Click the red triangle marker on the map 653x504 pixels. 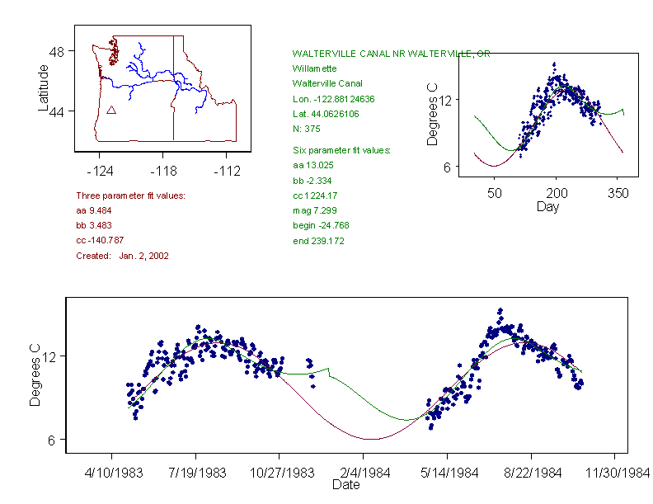coord(111,110)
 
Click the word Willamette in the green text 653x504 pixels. coord(314,68)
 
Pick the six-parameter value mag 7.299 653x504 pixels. coord(314,210)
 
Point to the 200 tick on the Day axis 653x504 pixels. coord(556,192)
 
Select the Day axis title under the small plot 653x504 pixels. coord(547,207)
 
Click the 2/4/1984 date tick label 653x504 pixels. coord(364,473)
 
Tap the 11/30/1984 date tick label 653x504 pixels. coord(614,473)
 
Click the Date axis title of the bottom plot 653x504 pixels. coord(346,486)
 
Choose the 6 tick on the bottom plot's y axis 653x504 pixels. coord(51,439)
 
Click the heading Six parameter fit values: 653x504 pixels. coord(341,150)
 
